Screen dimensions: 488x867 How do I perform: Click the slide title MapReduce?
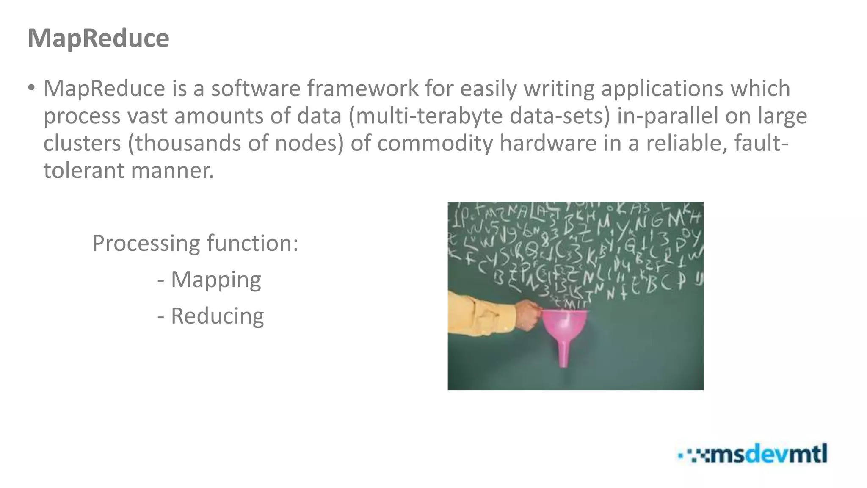pyautogui.click(x=98, y=38)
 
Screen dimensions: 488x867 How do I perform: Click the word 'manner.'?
pyautogui.click(x=172, y=170)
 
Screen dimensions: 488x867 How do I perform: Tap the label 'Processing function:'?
pyautogui.click(x=195, y=243)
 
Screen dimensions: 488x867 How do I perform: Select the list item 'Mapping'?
pyautogui.click(x=216, y=280)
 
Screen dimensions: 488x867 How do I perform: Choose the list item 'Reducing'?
pyautogui.click(x=217, y=316)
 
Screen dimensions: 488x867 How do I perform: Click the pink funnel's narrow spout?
pyautogui.click(x=563, y=354)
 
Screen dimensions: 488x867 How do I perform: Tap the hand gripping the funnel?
pyautogui.click(x=527, y=315)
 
